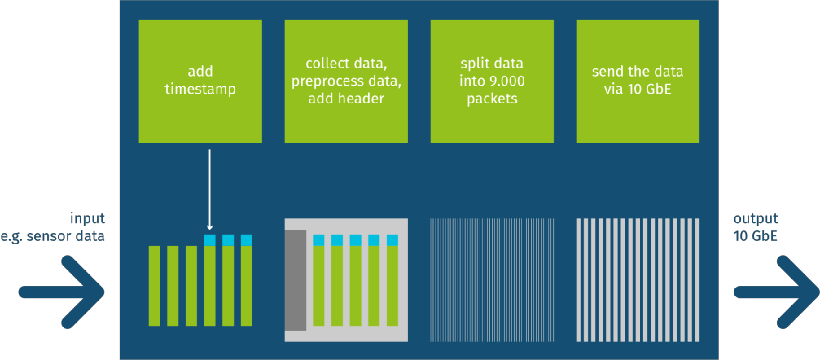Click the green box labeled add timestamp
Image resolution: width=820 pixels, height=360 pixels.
tap(200, 81)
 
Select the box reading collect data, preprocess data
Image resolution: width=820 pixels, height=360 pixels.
tap(346, 81)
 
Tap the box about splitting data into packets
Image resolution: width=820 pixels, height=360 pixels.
tap(492, 81)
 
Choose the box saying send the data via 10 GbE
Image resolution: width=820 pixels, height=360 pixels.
tap(638, 81)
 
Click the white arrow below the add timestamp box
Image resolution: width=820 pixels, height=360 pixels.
tap(210, 190)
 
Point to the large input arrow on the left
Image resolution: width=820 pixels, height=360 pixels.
tap(62, 292)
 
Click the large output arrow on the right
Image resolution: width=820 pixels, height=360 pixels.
tap(777, 292)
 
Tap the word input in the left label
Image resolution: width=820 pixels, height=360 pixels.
tap(88, 218)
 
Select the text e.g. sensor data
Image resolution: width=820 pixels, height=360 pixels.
tap(53, 236)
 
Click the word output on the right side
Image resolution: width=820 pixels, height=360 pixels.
tap(756, 219)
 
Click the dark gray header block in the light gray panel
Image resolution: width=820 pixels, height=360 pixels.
tap(296, 280)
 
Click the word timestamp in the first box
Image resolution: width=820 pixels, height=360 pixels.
tap(200, 90)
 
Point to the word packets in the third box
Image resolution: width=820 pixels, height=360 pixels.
tap(492, 99)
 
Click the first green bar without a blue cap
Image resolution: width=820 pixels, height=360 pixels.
tap(154, 286)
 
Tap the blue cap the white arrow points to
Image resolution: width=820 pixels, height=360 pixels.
tap(210, 240)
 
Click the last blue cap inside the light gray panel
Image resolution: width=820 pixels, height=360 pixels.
tap(392, 240)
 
